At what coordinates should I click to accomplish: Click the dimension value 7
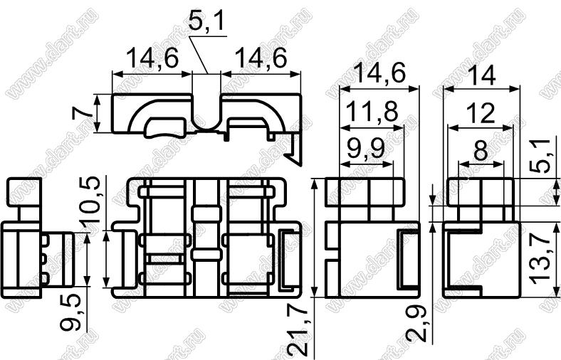pyautogui.click(x=81, y=114)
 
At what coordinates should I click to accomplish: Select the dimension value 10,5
pyautogui.click(x=90, y=200)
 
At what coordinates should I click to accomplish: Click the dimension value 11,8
pyautogui.click(x=372, y=112)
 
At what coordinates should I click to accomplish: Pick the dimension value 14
pyautogui.click(x=481, y=76)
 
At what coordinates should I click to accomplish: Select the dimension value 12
pyautogui.click(x=482, y=113)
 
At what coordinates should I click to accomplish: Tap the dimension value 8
pyautogui.click(x=480, y=152)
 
